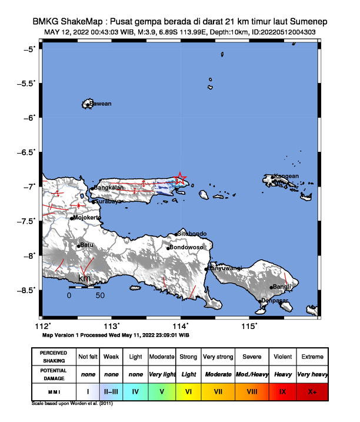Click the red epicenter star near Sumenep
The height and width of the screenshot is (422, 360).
[x=181, y=178]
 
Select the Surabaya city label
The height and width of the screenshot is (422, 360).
[x=108, y=201]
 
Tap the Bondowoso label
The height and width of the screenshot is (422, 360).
[x=186, y=248]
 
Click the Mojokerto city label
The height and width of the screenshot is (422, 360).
[x=86, y=218]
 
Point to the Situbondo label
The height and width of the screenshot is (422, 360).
[x=192, y=234]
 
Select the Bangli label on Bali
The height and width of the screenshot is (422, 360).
[x=283, y=287]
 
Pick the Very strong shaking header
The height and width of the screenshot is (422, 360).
[x=218, y=357]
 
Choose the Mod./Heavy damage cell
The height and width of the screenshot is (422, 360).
[x=249, y=374]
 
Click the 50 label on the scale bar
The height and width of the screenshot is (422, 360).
[x=100, y=295]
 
